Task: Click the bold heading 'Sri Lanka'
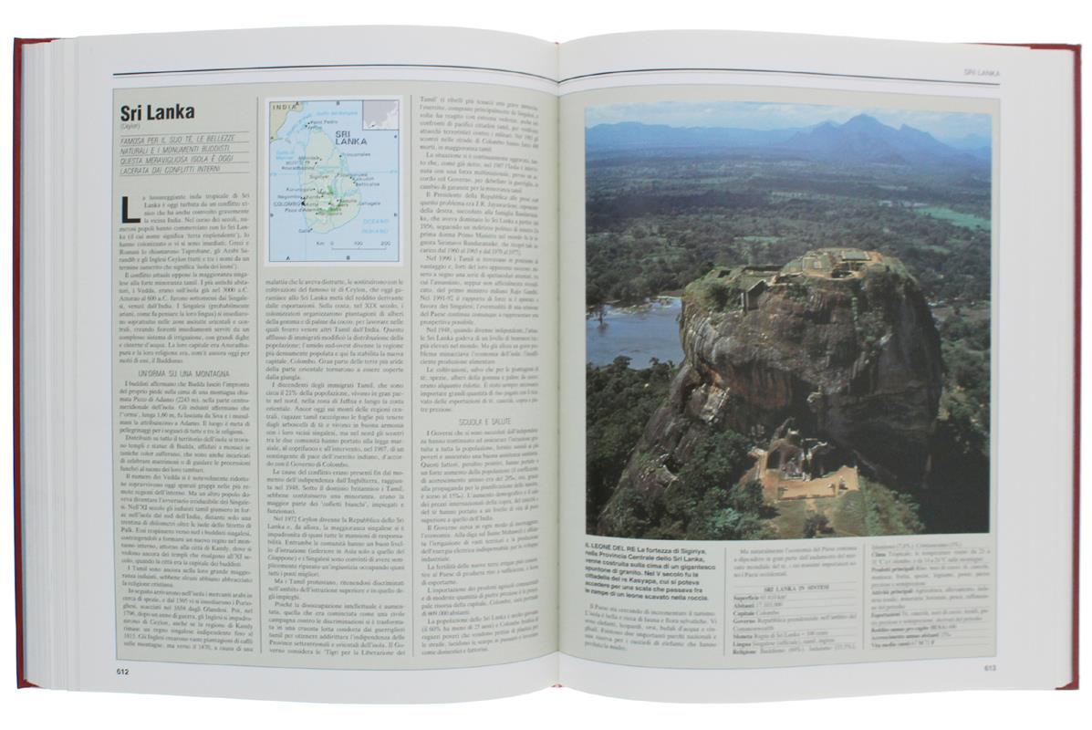coord(157,113)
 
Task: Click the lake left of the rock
coord(629,330)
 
